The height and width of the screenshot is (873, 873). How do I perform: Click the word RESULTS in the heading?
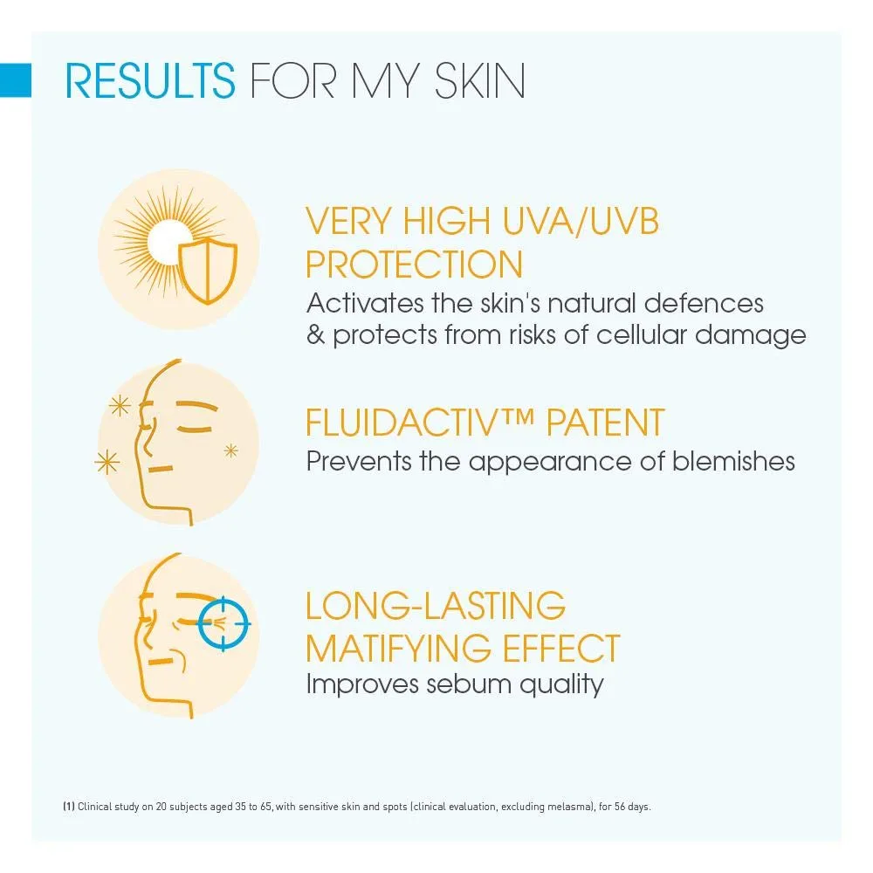(x=150, y=80)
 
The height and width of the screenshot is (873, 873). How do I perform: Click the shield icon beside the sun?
(x=207, y=272)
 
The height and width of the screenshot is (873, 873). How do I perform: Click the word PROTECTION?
(x=414, y=265)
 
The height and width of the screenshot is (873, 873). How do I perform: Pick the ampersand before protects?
(x=315, y=335)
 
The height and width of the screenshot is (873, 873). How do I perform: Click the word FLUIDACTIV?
(x=409, y=423)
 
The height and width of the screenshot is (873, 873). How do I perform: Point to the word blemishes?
(x=733, y=460)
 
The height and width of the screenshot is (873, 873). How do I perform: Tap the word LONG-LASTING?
(x=436, y=605)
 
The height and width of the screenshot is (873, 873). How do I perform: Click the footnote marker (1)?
(x=68, y=807)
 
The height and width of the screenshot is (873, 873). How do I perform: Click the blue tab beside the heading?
(x=16, y=80)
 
